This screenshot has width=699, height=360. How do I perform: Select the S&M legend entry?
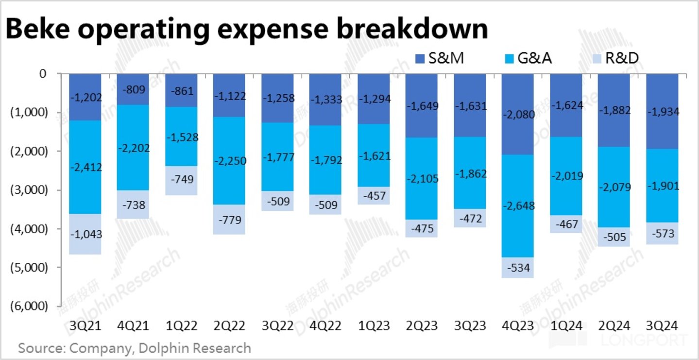click(440, 59)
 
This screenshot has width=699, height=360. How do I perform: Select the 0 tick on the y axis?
click(42, 74)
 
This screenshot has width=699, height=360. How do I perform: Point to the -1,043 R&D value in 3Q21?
click(85, 234)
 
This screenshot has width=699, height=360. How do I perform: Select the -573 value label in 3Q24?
click(662, 233)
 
